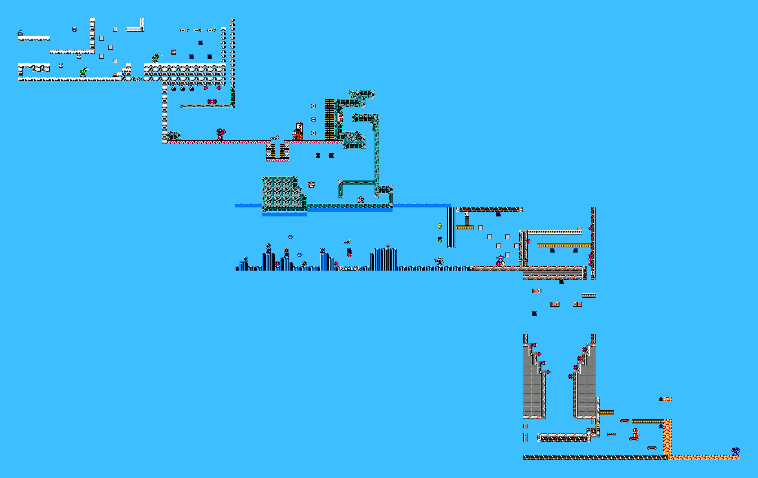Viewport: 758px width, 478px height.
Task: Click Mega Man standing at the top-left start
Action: (x=20, y=33)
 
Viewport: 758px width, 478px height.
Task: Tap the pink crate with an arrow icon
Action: (x=174, y=52)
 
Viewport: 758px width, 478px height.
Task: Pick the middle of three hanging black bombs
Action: (x=182, y=89)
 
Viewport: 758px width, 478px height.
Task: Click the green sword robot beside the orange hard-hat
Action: (x=83, y=72)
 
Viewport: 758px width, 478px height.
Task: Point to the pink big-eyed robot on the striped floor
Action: (x=220, y=133)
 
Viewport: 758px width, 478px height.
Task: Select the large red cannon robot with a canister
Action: (x=298, y=132)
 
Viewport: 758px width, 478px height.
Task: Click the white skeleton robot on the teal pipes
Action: (x=352, y=94)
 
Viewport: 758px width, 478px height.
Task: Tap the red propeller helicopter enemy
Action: (x=311, y=185)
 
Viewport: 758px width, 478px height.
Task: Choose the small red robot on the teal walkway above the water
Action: (x=361, y=199)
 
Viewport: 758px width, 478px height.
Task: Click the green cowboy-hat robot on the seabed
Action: (x=439, y=261)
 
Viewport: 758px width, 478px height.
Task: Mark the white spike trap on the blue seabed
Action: (x=349, y=268)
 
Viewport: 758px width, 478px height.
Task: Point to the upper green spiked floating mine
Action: (x=440, y=226)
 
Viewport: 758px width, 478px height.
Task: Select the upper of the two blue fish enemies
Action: (x=290, y=237)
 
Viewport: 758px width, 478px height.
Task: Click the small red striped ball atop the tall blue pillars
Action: (x=388, y=246)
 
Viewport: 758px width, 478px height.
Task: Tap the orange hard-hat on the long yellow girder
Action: (x=579, y=229)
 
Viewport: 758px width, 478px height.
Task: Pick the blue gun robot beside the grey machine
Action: (x=500, y=259)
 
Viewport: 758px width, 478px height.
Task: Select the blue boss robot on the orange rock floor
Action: (x=735, y=451)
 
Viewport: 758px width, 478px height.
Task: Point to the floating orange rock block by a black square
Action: (x=668, y=399)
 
